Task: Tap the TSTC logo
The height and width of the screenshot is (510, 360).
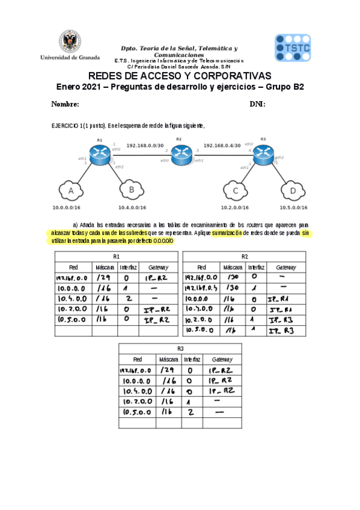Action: [x=293, y=48]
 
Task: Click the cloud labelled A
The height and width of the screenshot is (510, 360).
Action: [x=72, y=191]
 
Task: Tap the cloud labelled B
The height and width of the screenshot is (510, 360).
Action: [x=130, y=191]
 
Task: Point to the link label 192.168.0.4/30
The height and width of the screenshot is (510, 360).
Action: [x=222, y=145]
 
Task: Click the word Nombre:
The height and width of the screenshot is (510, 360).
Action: [x=66, y=104]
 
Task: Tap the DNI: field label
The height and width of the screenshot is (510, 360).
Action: [x=257, y=104]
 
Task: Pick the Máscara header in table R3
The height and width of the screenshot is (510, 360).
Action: [x=168, y=360]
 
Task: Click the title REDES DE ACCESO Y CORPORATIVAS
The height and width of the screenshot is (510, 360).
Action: [x=180, y=76]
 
